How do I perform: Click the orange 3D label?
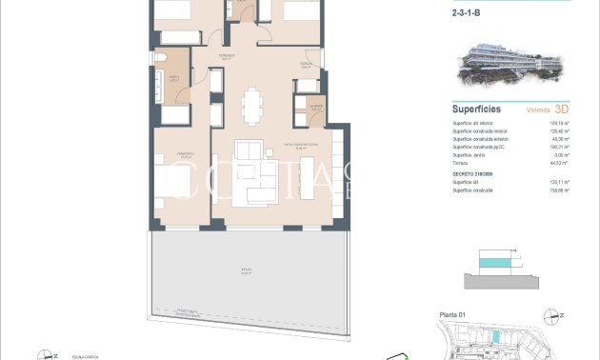point(563,110)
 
